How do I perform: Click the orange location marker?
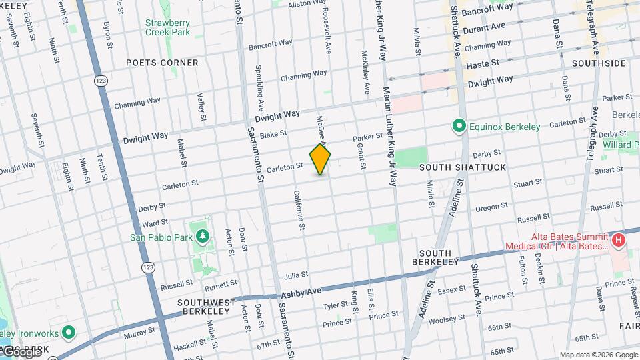pos(320,159)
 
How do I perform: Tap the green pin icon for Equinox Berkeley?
pos(459,125)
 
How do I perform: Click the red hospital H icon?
pos(619,239)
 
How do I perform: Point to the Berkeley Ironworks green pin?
pos(68,332)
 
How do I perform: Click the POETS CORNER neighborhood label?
pos(163,63)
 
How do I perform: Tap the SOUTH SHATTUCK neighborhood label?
pos(463,167)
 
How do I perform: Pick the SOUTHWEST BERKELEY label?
pos(206,307)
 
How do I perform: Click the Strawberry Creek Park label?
pos(168,27)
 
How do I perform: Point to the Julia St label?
pos(296,275)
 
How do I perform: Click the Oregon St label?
pos(492,208)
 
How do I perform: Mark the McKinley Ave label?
pos(365,71)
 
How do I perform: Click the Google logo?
pos(22,351)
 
